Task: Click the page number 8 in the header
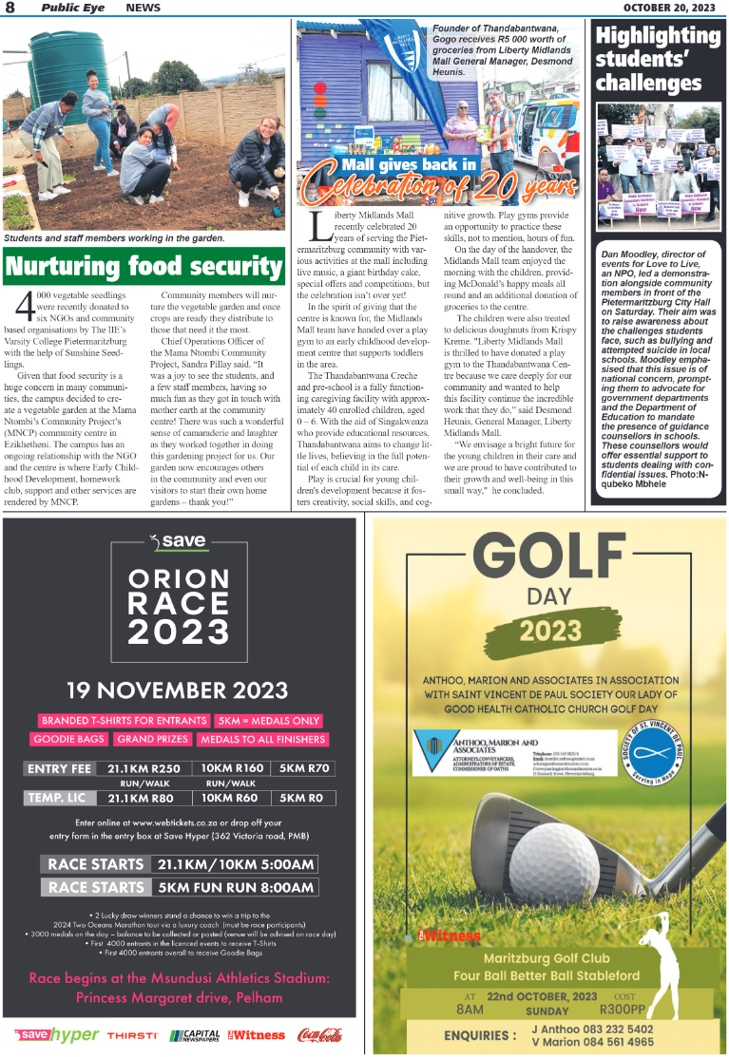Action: click(x=10, y=8)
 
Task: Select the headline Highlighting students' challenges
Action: click(x=658, y=60)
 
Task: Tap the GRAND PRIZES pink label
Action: click(x=153, y=739)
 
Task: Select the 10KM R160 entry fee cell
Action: click(x=232, y=768)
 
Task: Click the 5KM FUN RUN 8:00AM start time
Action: click(x=235, y=887)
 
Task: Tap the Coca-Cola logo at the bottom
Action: click(x=319, y=1035)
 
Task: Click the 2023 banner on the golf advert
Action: click(x=549, y=630)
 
